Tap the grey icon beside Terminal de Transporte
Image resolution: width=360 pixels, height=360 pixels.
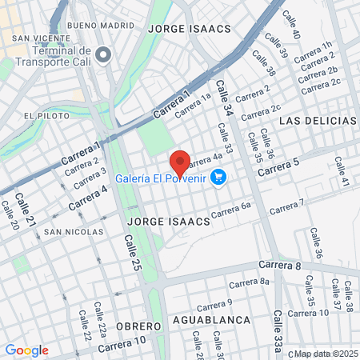coord(103,55)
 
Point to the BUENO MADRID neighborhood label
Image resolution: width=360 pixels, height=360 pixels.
coord(102,26)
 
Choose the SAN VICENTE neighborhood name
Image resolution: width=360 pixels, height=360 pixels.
coord(38,38)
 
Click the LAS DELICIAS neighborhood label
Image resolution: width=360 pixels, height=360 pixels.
coord(318,120)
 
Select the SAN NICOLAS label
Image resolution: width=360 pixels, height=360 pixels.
coord(74,232)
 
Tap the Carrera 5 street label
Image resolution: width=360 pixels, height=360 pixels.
coord(278,166)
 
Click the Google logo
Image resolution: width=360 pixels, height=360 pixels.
coord(26,350)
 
